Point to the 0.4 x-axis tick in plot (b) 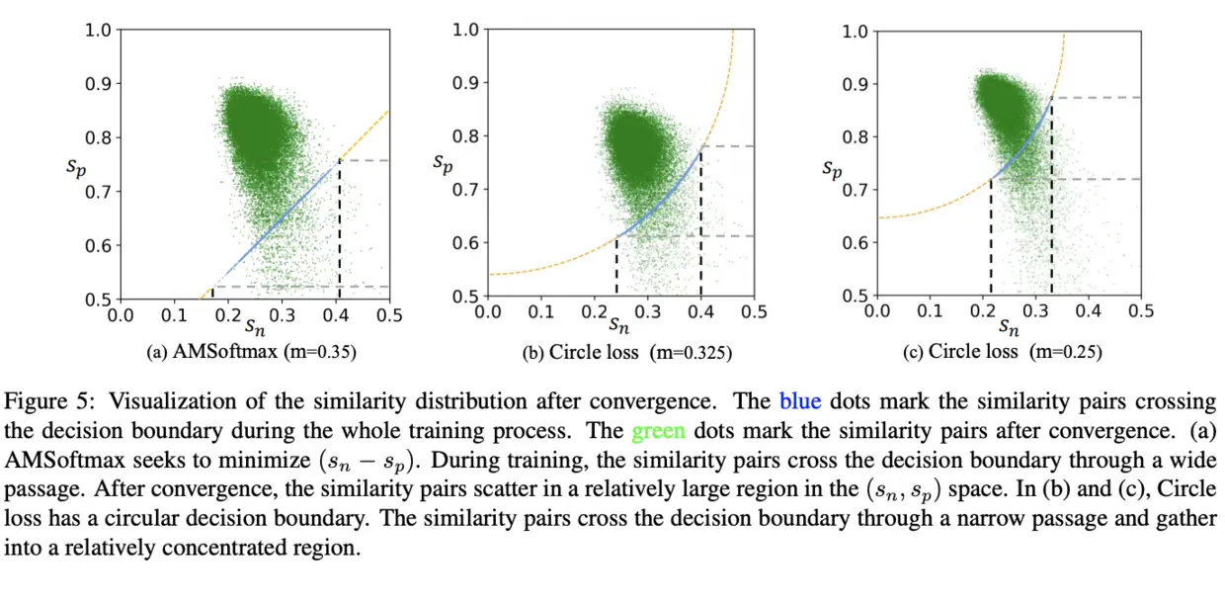pos(701,310)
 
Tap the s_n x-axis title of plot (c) pos(1008,325)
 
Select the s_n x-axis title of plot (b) pos(618,324)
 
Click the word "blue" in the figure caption pos(797,401)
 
